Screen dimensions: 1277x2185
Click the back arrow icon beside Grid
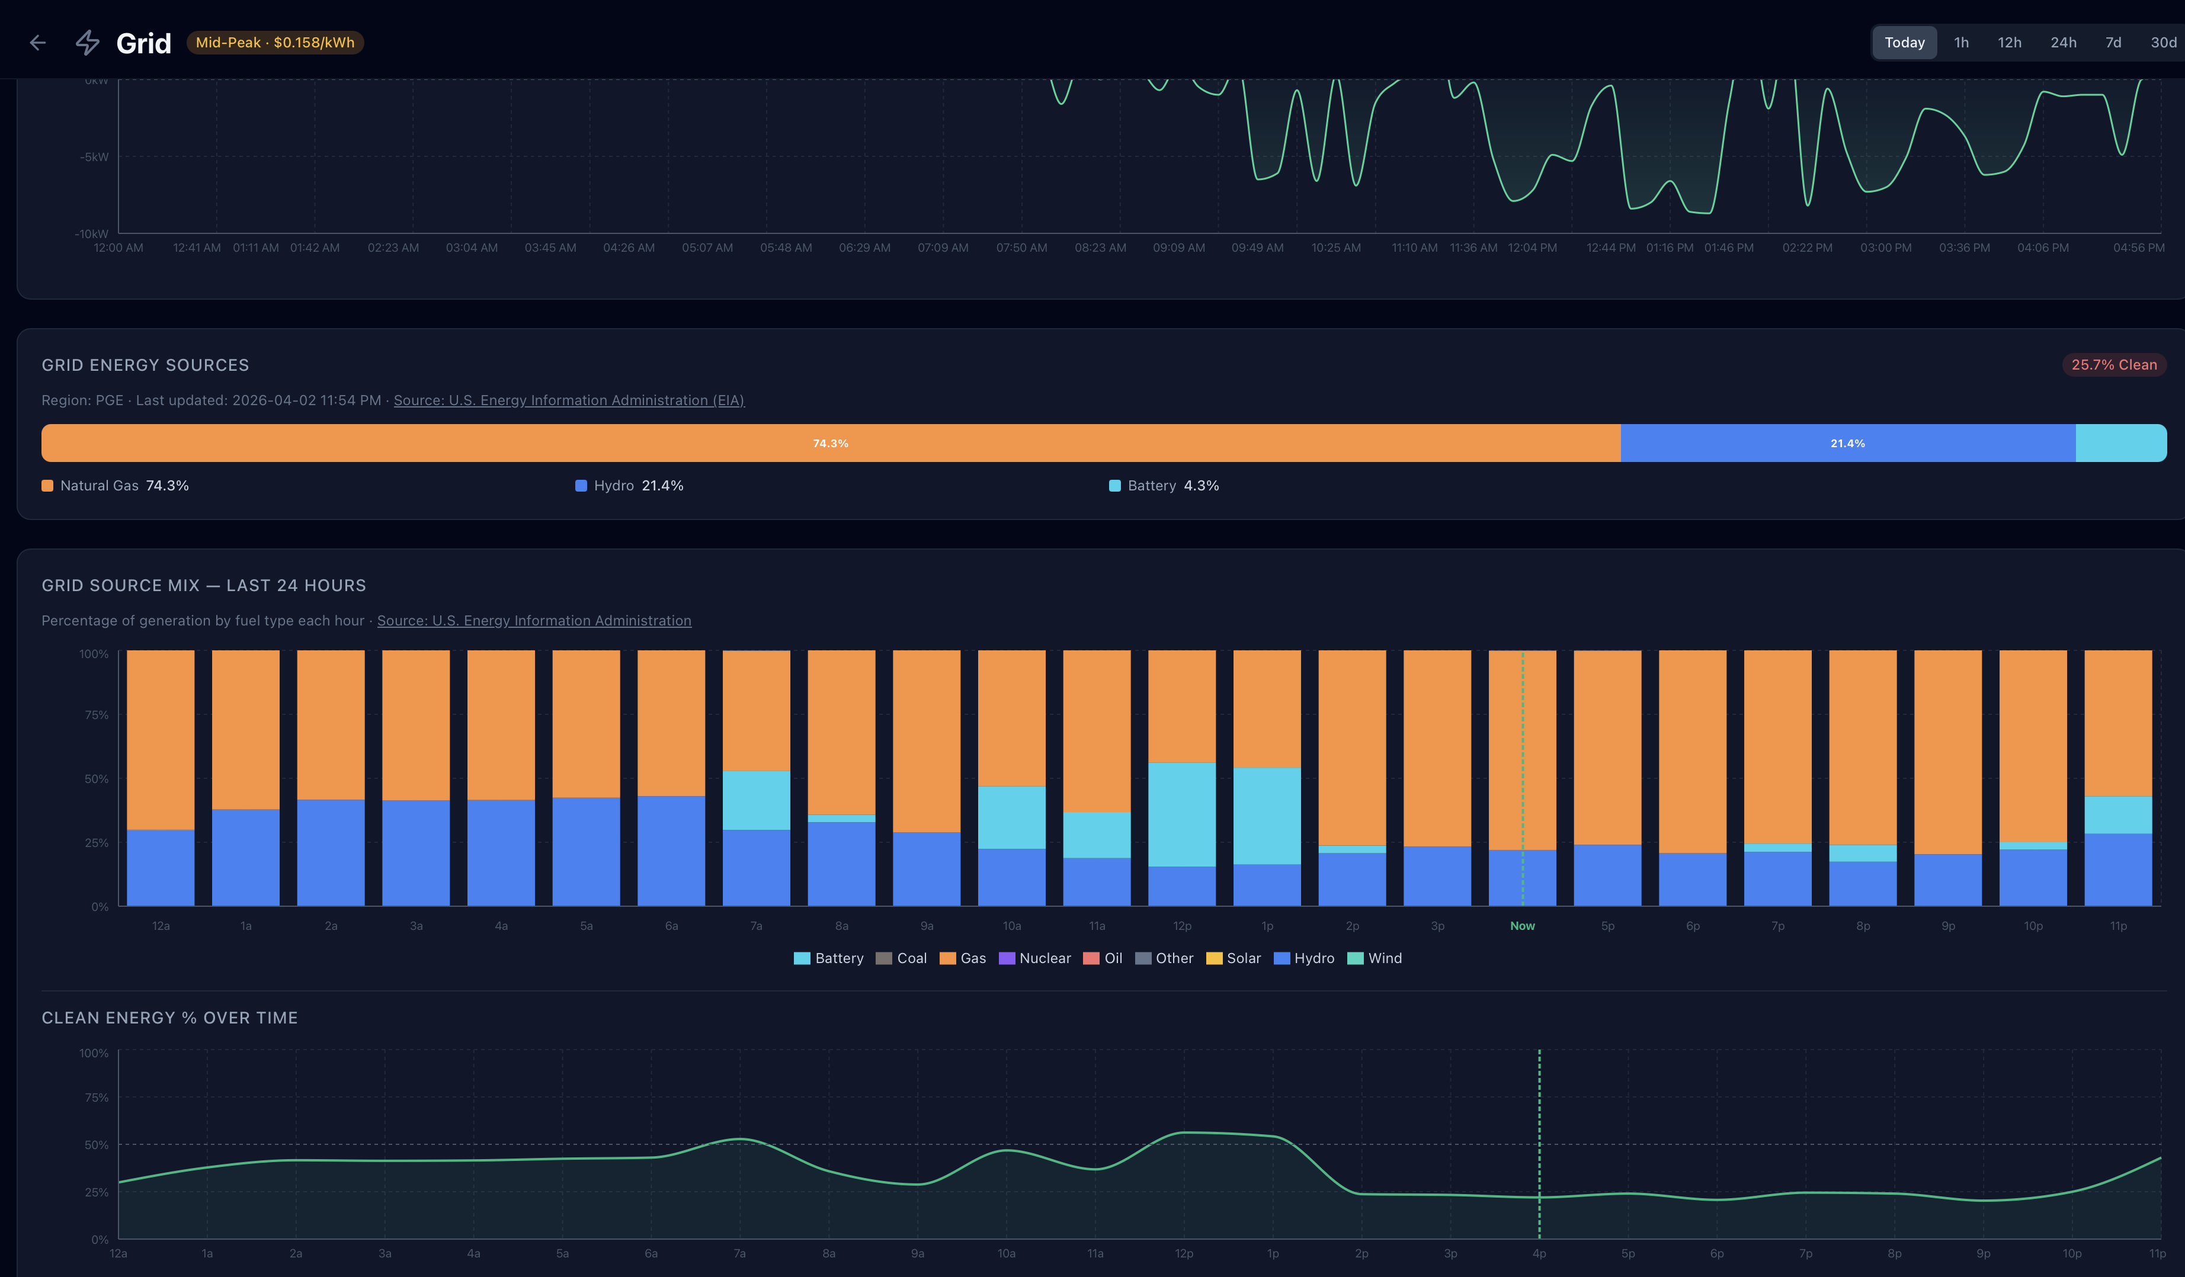pyautogui.click(x=37, y=43)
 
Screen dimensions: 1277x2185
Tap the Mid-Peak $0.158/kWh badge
pyautogui.click(x=275, y=43)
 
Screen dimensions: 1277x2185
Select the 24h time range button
pyautogui.click(x=2063, y=43)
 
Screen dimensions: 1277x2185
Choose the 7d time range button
pyautogui.click(x=2113, y=43)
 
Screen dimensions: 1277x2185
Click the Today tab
pyautogui.click(x=1904, y=43)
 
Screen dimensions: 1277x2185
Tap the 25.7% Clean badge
pyautogui.click(x=2113, y=365)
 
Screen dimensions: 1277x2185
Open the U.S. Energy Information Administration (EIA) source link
pyautogui.click(x=569, y=400)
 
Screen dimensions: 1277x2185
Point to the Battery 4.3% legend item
pyautogui.click(x=1164, y=486)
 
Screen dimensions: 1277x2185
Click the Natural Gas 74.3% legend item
pyautogui.click(x=116, y=486)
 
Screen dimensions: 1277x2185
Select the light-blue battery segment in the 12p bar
pyautogui.click(x=1182, y=815)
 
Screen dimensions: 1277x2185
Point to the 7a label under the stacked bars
pyautogui.click(x=756, y=926)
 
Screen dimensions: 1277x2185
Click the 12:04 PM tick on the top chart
pyautogui.click(x=1532, y=248)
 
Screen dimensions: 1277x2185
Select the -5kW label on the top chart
pyautogui.click(x=95, y=157)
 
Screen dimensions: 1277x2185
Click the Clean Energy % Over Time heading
pyautogui.click(x=170, y=1018)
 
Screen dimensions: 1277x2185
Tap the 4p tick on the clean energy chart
pyautogui.click(x=1539, y=1253)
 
